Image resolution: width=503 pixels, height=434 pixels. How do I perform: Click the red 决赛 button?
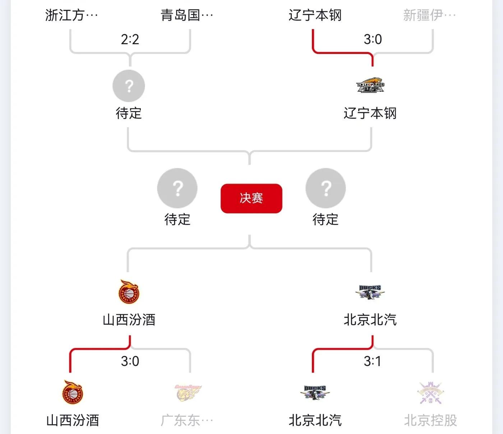(251, 198)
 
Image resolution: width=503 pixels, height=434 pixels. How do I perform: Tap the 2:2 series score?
(130, 39)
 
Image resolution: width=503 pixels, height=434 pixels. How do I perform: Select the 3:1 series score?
(373, 361)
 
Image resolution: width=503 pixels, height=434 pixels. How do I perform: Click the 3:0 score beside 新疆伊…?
(373, 39)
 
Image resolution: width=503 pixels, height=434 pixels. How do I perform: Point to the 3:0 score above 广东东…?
(130, 361)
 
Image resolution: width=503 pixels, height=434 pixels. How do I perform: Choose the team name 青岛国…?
(187, 15)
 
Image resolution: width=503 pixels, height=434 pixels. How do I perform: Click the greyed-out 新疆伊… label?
(429, 15)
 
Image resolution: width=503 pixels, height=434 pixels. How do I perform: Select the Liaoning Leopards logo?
(370, 86)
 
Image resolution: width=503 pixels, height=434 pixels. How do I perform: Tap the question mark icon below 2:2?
(129, 86)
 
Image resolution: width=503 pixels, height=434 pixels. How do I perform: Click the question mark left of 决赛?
(177, 188)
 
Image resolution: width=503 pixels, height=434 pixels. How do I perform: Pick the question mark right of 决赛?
(326, 188)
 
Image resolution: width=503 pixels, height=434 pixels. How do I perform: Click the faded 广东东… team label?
(187, 420)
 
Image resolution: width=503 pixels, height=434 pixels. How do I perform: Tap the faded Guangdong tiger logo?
(188, 393)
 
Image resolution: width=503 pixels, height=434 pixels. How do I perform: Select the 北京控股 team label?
(430, 420)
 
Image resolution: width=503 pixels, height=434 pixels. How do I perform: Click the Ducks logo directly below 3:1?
(315, 393)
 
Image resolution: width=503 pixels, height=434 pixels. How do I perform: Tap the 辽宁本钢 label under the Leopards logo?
(370, 113)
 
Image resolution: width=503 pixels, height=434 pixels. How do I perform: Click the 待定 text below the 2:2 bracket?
(129, 113)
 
